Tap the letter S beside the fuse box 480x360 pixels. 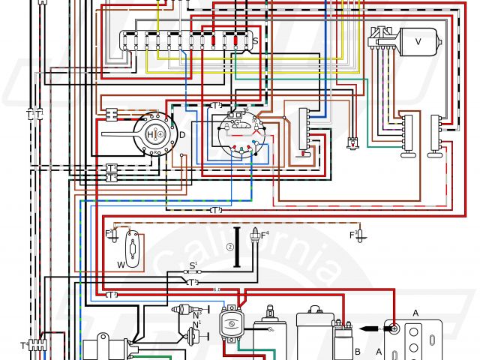(255, 41)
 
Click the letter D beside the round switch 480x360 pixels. (181, 134)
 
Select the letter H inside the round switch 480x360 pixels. (151, 134)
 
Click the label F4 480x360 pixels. (264, 235)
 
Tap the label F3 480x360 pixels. (352, 235)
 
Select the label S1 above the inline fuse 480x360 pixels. (193, 264)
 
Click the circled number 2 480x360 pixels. (231, 247)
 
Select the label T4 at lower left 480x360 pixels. (23, 346)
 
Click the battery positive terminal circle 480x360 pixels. (391, 328)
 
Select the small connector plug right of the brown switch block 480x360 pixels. (352, 142)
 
